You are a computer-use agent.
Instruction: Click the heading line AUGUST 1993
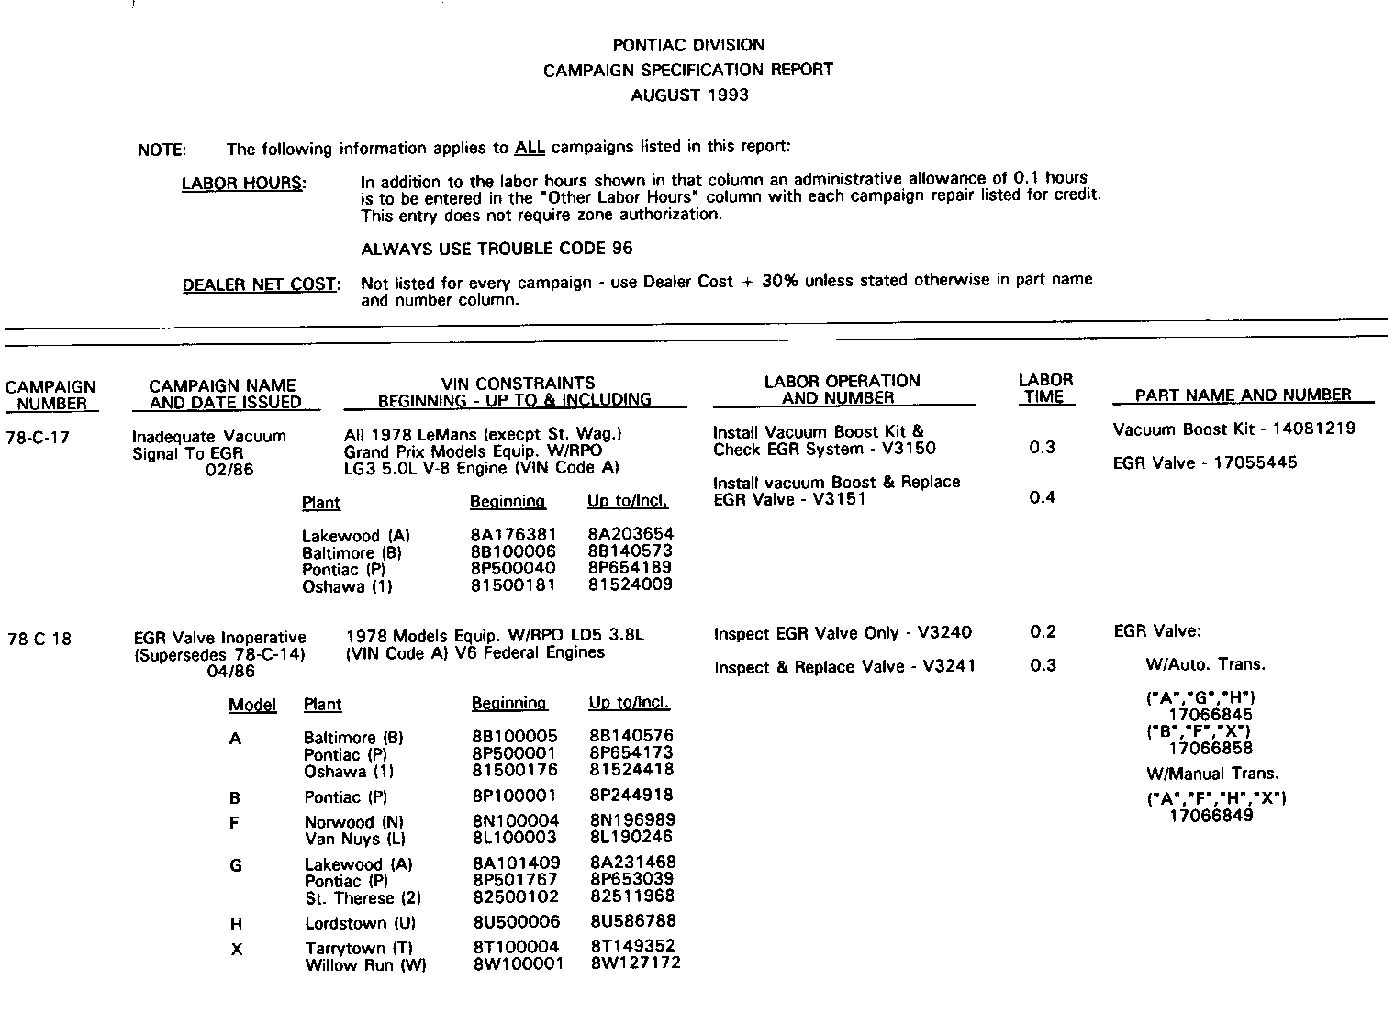click(x=689, y=95)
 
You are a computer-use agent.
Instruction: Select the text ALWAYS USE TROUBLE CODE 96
click(x=497, y=249)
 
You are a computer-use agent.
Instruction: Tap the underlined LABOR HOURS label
click(x=242, y=183)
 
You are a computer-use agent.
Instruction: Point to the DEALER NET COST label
click(x=261, y=284)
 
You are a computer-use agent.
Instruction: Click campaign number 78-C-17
click(x=37, y=438)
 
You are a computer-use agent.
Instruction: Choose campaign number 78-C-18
click(x=38, y=639)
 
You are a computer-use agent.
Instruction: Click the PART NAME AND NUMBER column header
click(x=1243, y=395)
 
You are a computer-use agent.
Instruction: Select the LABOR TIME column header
click(x=1044, y=388)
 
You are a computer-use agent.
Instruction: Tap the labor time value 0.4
click(x=1043, y=497)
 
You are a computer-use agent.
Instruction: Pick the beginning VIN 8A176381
click(x=512, y=535)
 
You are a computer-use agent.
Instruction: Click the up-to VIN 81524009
click(x=631, y=584)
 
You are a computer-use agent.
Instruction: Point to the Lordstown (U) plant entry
click(x=361, y=923)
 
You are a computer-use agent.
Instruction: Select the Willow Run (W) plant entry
click(x=365, y=964)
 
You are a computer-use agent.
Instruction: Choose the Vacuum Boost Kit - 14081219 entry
click(x=1233, y=429)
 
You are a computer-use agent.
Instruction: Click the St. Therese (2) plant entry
click(x=363, y=897)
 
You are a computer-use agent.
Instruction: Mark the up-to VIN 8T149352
click(x=632, y=946)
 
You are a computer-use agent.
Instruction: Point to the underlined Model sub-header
click(x=252, y=705)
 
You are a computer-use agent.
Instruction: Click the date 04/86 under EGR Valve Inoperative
click(x=231, y=671)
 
